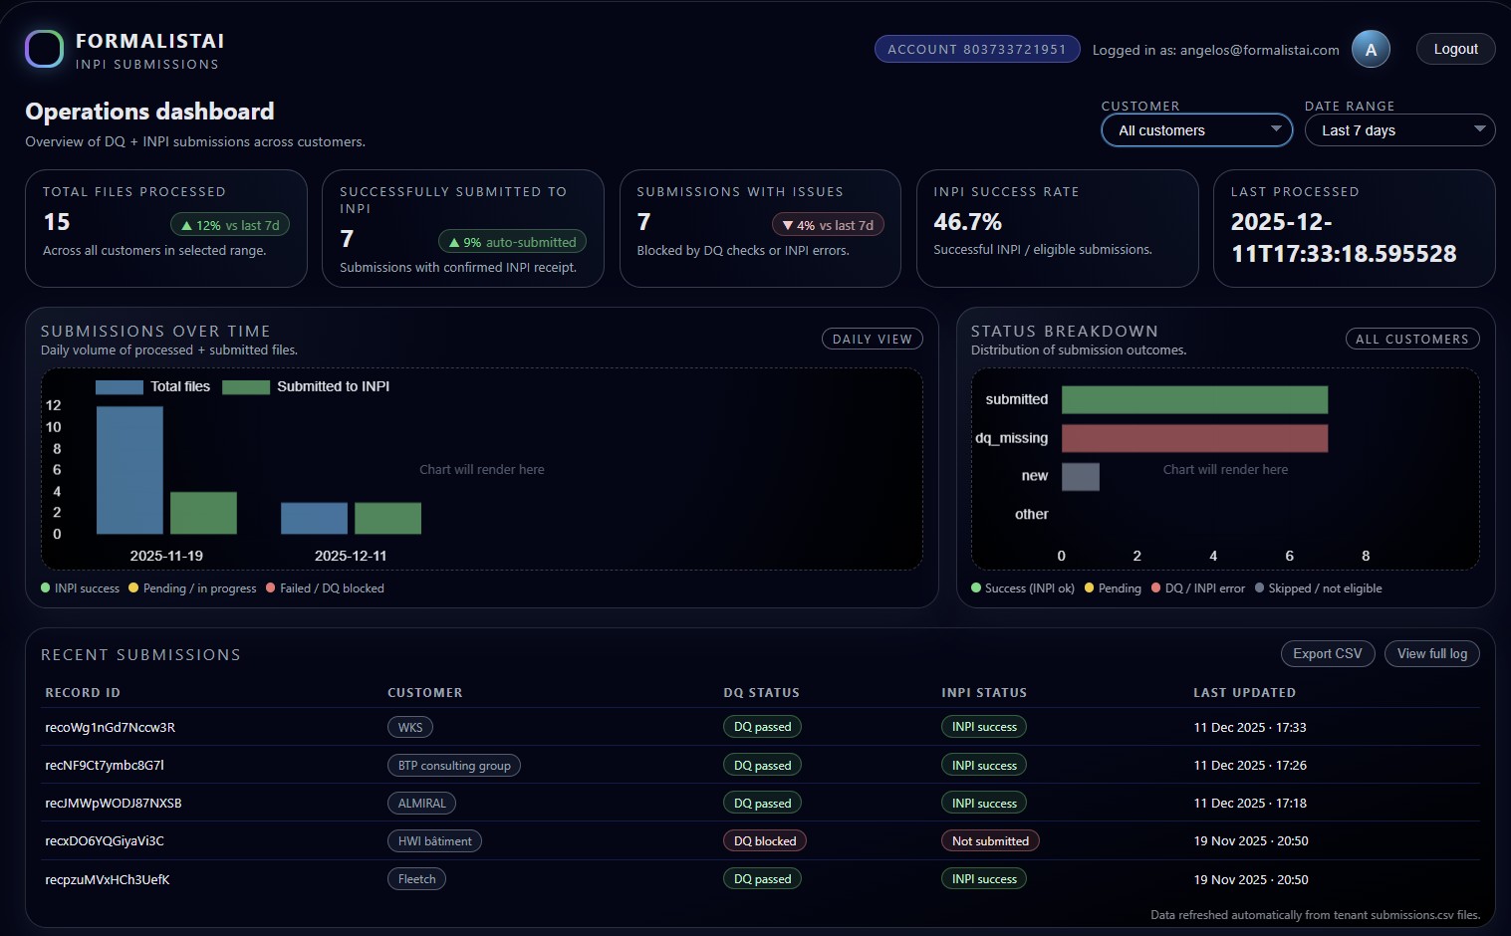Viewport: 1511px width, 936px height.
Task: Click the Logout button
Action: pos(1455,49)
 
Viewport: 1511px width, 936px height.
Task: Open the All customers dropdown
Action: pos(1196,130)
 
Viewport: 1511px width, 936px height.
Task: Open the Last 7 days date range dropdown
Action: pos(1399,130)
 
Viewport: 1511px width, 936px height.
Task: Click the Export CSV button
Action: pos(1327,653)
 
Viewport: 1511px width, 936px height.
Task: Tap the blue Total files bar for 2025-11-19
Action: pos(129,470)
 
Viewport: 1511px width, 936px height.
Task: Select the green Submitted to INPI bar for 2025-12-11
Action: pos(387,518)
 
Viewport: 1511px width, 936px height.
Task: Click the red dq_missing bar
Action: pos(1194,438)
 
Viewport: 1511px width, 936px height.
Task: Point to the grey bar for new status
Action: pos(1081,476)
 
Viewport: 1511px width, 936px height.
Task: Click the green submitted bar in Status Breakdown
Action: pos(1194,399)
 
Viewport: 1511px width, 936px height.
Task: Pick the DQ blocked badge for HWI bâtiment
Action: pos(764,841)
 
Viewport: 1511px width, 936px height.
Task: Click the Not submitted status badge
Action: pos(990,841)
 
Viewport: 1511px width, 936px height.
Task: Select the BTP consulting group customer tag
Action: pos(454,766)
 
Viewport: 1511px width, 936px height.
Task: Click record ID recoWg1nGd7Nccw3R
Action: pos(111,728)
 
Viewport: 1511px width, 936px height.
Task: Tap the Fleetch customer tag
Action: pos(416,879)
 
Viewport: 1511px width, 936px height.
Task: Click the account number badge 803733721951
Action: pos(976,49)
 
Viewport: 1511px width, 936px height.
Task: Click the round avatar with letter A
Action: pos(1371,49)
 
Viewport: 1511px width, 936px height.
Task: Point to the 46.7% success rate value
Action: pos(967,222)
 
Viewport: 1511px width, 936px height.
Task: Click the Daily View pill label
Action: pos(872,340)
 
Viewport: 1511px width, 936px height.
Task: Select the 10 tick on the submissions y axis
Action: pos(54,427)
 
